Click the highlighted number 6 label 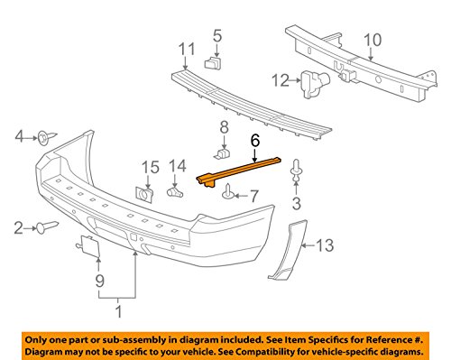[x=254, y=140]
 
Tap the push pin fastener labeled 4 [x=42, y=137]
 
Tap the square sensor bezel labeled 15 [x=143, y=193]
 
